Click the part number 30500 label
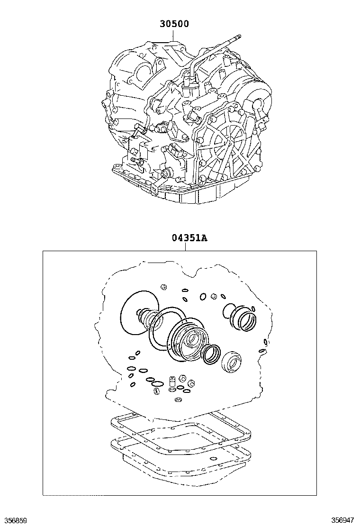pos(174,24)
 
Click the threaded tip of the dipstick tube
pos(238,36)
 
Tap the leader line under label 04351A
pos(185,247)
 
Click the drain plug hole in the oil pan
pos(213,458)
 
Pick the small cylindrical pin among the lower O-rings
pos(172,382)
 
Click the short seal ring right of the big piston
pos(211,354)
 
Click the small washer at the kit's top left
pos(164,287)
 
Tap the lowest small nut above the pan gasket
pos(178,400)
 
